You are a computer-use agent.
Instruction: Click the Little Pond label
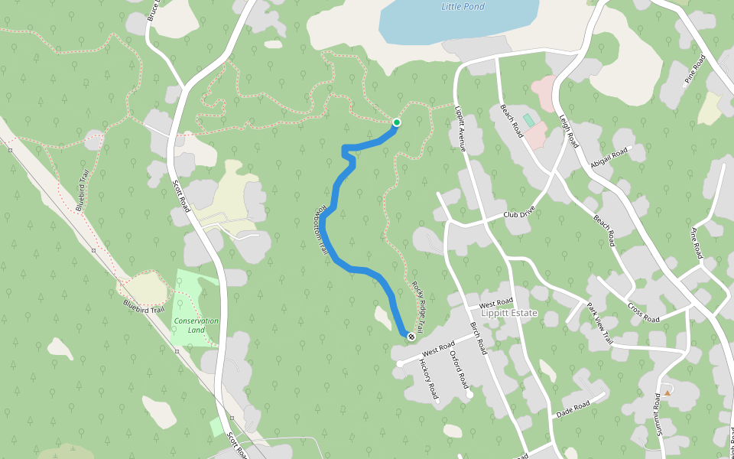[x=463, y=7]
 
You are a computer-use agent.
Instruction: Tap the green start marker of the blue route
[x=397, y=122]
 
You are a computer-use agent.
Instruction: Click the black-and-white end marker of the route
[x=411, y=336]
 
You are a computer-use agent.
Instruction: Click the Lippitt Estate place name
[x=509, y=314]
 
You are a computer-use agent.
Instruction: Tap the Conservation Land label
[x=196, y=326]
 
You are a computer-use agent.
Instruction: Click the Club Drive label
[x=521, y=215]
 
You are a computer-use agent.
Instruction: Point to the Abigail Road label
[x=609, y=157]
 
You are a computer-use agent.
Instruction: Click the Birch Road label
[x=479, y=338]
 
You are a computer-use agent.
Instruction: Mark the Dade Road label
[x=574, y=405]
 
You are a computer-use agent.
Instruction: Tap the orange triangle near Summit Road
[x=667, y=392]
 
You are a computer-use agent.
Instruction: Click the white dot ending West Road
[x=399, y=364]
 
